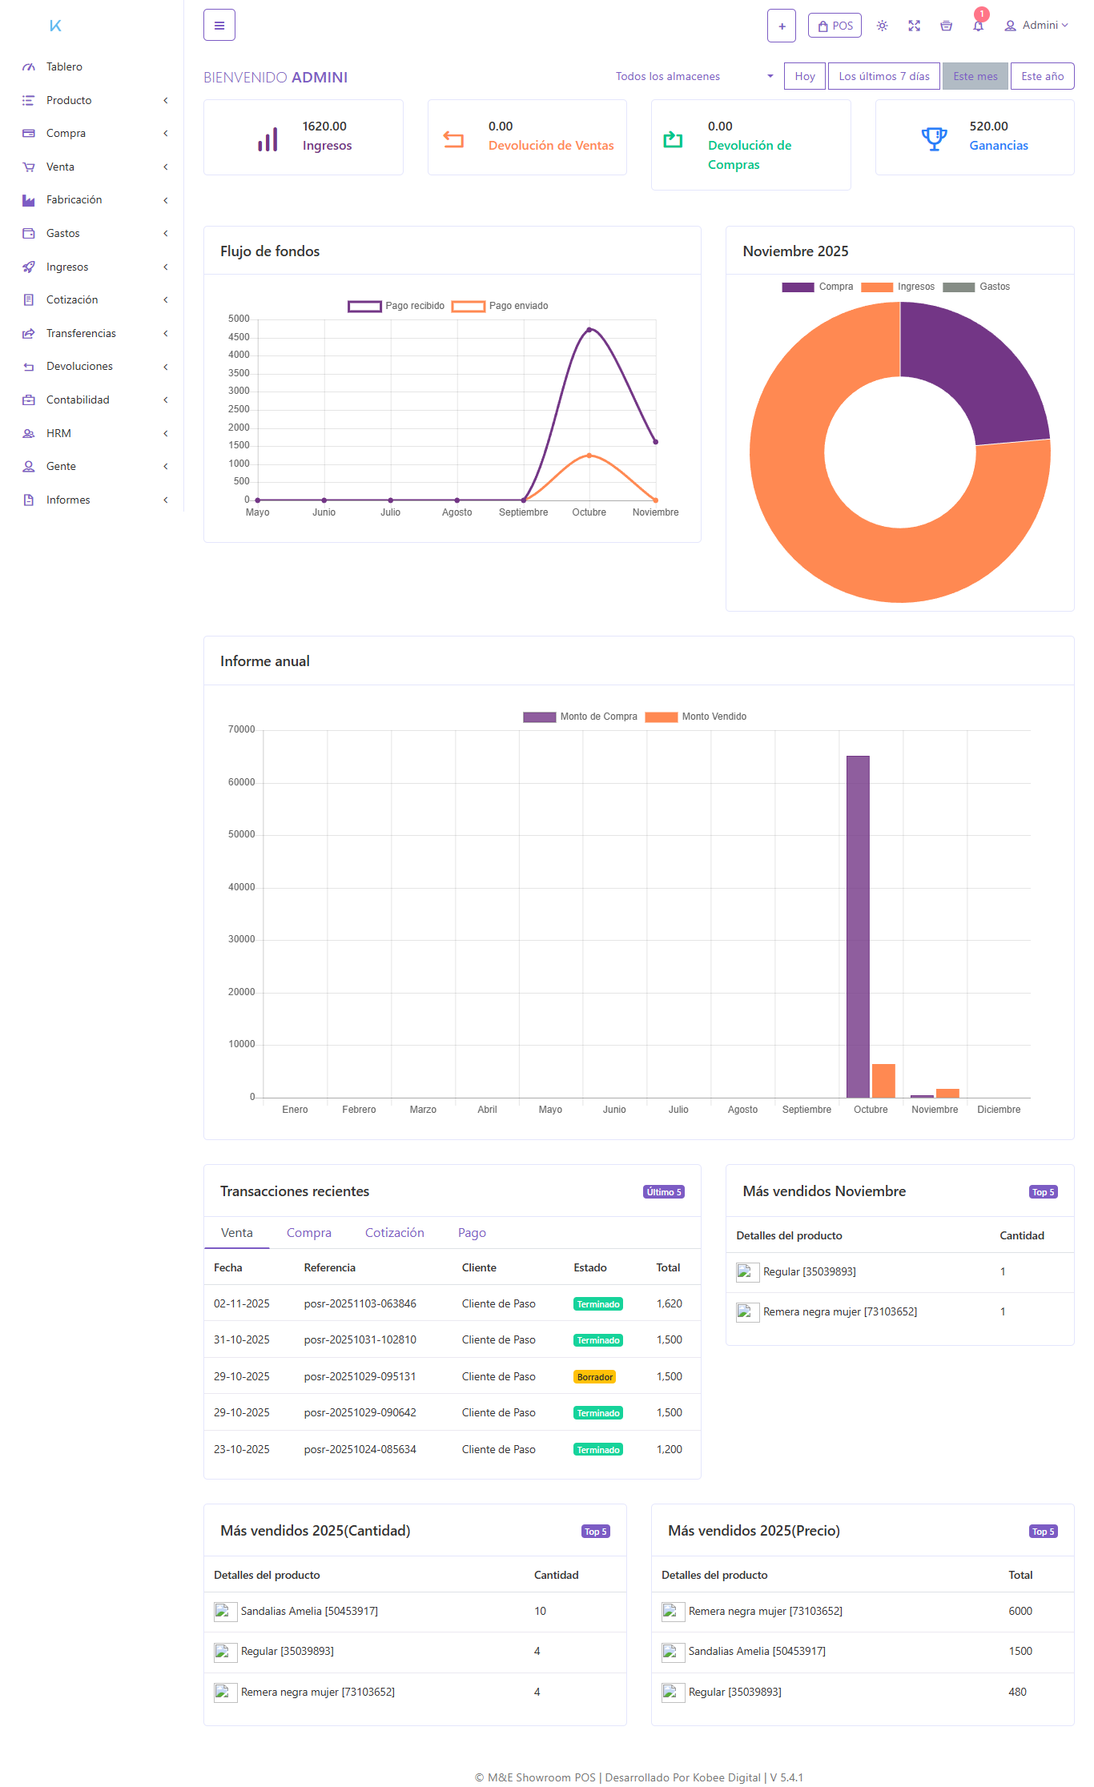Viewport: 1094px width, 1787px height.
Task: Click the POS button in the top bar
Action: (835, 26)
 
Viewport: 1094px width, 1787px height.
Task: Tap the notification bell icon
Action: (978, 26)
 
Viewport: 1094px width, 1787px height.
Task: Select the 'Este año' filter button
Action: (1042, 76)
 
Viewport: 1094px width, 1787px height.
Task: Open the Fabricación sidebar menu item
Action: (74, 199)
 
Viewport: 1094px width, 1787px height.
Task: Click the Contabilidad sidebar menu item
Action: (78, 400)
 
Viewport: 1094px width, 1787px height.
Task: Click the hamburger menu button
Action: (219, 26)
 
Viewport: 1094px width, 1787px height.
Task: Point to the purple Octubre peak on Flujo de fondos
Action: (589, 330)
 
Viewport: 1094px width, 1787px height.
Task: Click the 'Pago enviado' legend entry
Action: (501, 306)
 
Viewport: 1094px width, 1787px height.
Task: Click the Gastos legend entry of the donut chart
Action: (977, 287)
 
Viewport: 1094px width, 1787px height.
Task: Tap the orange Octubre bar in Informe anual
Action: (883, 1080)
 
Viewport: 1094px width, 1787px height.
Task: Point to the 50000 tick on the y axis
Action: (241, 834)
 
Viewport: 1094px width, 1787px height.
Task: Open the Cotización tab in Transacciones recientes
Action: (394, 1233)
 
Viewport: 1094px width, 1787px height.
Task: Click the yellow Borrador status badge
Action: (595, 1377)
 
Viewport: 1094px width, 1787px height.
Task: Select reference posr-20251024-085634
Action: (360, 1449)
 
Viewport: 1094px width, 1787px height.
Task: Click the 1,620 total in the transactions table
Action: (669, 1303)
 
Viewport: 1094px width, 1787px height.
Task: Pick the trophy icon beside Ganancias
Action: (934, 139)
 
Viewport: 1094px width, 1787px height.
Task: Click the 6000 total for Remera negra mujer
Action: (1020, 1611)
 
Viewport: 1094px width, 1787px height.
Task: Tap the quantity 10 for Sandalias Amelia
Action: (541, 1611)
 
